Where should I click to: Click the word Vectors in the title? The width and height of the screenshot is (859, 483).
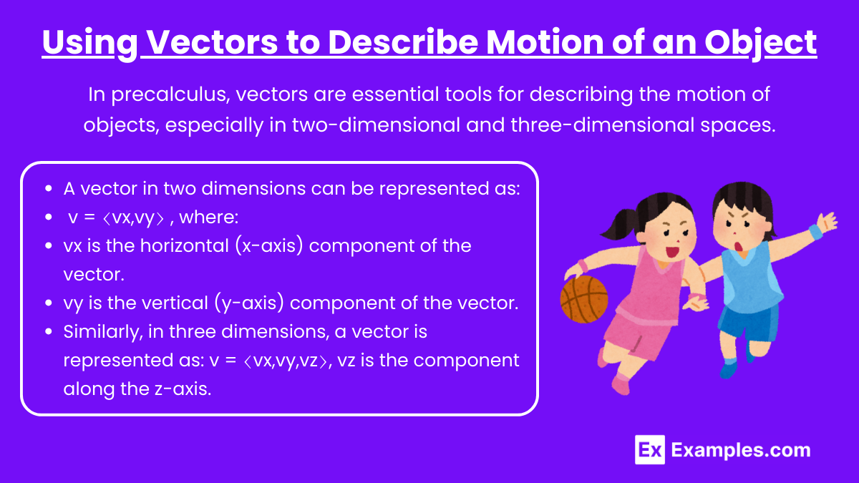coord(213,42)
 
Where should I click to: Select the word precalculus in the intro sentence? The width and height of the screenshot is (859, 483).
coord(170,94)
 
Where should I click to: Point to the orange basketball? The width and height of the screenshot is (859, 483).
coord(584,299)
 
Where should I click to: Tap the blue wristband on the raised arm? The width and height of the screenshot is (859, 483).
coord(815,233)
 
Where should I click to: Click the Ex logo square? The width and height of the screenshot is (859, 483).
coord(650,449)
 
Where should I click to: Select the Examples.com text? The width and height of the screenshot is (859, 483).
coord(741,450)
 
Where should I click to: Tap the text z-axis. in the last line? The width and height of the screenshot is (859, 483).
coord(183,389)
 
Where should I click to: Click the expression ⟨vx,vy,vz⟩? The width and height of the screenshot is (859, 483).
coord(286,361)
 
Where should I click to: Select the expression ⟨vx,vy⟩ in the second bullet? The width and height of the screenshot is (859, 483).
coord(133,218)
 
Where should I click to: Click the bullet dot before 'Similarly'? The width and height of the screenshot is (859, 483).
coord(49,331)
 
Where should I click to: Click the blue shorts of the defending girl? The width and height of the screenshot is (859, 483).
coord(747,322)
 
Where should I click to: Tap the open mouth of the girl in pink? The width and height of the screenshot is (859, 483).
coord(671,252)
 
